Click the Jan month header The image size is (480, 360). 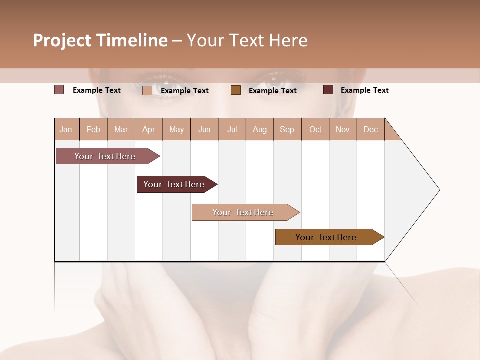(66, 129)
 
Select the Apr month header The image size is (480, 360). (149, 129)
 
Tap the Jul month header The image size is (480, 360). (232, 129)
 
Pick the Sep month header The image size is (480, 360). (287, 129)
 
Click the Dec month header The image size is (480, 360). (370, 129)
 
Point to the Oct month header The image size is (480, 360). (315, 129)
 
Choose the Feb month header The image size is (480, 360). (93, 129)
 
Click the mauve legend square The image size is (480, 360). (59, 90)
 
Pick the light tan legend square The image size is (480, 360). (147, 90)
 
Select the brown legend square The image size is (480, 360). (236, 90)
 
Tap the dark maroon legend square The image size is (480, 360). (328, 90)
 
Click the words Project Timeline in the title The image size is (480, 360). (100, 40)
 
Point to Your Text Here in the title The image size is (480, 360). (247, 40)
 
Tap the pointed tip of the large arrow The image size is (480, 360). (438, 190)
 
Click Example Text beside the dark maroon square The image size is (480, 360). (364, 90)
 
